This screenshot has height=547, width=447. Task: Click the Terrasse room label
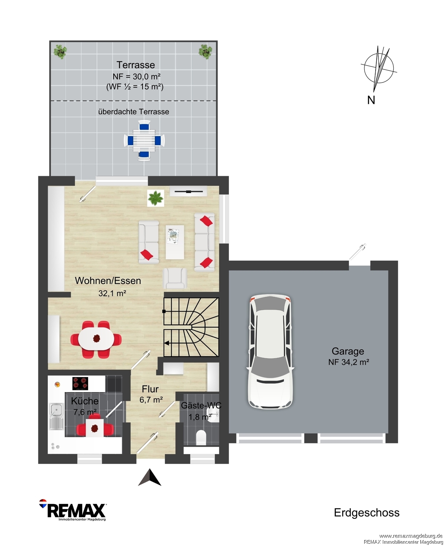(x=136, y=65)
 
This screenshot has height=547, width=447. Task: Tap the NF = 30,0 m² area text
(x=136, y=77)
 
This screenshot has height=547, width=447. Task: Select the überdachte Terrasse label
(x=133, y=112)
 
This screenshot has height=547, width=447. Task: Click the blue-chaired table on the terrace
(x=144, y=140)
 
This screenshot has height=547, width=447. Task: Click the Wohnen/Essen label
(x=108, y=281)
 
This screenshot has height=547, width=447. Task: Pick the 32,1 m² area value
(x=112, y=293)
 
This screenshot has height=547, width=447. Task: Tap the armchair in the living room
(x=175, y=278)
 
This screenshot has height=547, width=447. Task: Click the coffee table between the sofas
(x=175, y=242)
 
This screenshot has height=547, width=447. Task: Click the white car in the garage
(x=271, y=352)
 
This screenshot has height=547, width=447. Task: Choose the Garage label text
(x=348, y=351)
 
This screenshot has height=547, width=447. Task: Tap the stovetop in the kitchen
(x=80, y=383)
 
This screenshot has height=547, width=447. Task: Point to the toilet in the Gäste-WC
(x=201, y=438)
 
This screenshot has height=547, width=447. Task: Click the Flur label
(x=150, y=389)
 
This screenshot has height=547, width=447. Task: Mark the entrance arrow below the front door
(x=149, y=477)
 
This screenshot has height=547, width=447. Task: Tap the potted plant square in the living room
(x=156, y=198)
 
